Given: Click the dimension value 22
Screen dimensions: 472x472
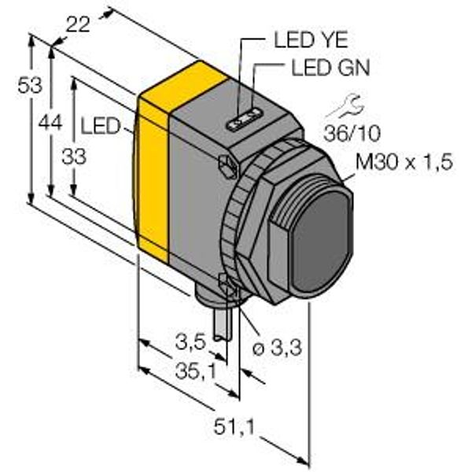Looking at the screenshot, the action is point(78,24).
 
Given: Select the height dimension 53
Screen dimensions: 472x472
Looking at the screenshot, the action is point(30,85).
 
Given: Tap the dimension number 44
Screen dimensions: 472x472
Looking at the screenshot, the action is point(50,123).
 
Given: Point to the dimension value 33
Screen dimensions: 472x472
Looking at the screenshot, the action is point(74,157).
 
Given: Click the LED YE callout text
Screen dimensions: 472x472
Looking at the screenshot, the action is point(311,40).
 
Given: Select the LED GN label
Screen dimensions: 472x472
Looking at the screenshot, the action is point(330,68).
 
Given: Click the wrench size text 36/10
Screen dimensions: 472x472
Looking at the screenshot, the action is point(352,134).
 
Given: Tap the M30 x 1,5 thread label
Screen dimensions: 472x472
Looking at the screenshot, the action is point(404,162).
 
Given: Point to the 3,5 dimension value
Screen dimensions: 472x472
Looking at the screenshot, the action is point(191,342).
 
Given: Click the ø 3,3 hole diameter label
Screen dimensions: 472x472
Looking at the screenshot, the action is point(277,348).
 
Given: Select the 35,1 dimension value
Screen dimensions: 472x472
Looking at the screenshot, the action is point(196,371).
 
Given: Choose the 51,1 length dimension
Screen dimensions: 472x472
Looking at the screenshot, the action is point(234,426).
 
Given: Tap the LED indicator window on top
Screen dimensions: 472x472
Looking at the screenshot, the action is point(244,120).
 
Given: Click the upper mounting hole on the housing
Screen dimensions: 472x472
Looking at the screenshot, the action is point(228,166).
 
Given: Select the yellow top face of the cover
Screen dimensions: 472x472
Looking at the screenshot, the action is point(183,87).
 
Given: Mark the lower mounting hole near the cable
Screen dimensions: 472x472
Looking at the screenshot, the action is point(229,286).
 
